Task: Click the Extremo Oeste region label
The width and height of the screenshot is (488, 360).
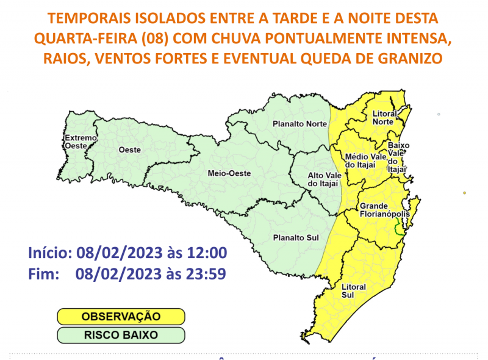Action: pyautogui.click(x=81, y=142)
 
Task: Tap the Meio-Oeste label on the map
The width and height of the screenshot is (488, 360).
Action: pyautogui.click(x=229, y=173)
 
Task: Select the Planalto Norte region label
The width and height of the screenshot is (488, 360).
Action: pyautogui.click(x=300, y=124)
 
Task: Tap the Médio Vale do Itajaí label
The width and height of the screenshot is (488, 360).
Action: pyautogui.click(x=366, y=161)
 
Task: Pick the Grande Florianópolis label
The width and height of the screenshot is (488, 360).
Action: pyautogui.click(x=383, y=211)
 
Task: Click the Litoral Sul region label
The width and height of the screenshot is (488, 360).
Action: pyautogui.click(x=354, y=291)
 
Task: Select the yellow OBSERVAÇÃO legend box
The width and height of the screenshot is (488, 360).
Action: pyautogui.click(x=121, y=316)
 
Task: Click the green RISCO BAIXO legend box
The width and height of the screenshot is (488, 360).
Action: pyautogui.click(x=121, y=335)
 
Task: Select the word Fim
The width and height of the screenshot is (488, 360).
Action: pyautogui.click(x=43, y=275)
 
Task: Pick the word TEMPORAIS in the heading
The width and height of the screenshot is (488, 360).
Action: pyautogui.click(x=87, y=18)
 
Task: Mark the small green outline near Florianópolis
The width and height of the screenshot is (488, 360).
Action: pyautogui.click(x=399, y=228)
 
